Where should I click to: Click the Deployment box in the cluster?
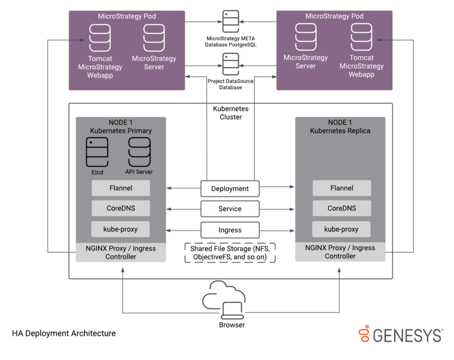[230, 188]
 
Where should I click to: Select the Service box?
[230, 209]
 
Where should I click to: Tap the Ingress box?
[230, 230]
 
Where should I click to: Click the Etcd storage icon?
[97, 152]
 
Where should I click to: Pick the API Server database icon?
[139, 152]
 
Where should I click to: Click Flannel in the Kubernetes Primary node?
[121, 188]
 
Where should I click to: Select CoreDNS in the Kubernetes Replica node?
[341, 208]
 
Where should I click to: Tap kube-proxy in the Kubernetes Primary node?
[121, 229]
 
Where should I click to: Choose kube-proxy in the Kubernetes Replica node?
[341, 229]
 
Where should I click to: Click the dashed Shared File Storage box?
[230, 253]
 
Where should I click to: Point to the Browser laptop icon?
[231, 310]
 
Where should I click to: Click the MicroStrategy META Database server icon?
[230, 21]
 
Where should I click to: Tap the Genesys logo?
[401, 334]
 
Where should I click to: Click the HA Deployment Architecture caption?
[64, 333]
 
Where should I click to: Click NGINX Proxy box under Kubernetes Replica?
[340, 252]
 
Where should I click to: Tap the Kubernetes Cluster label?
[230, 113]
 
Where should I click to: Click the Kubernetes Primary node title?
[121, 126]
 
